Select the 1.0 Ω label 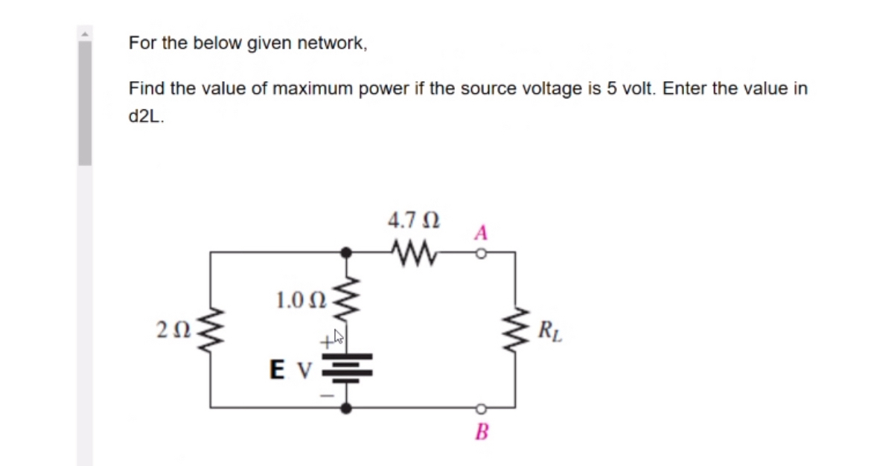(301, 301)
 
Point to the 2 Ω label (171, 329)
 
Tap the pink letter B (481, 432)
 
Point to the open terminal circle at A (481, 253)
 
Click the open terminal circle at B (481, 408)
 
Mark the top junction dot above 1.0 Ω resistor (345, 253)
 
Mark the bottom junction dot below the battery (345, 407)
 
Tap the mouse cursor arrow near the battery (339, 336)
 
